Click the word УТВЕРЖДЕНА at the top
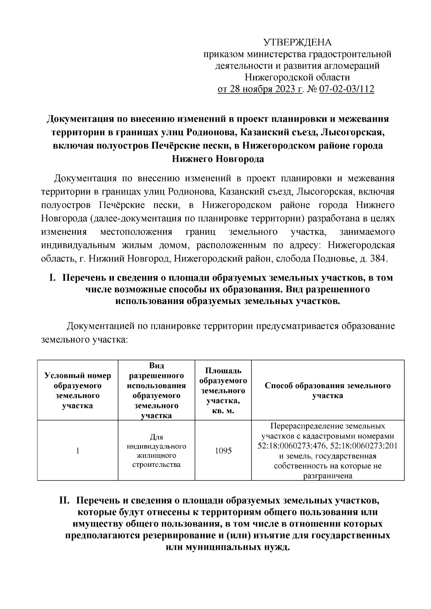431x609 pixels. (298, 43)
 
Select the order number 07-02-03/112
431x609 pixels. (347, 89)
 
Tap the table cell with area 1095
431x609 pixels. (223, 450)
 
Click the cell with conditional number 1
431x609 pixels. (78, 450)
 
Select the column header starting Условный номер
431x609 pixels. (78, 390)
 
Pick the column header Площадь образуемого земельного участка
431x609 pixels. (223, 390)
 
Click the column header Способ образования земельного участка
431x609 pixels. (328, 390)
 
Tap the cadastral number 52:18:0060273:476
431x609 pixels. (291, 446)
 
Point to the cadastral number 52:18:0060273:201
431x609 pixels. (363, 446)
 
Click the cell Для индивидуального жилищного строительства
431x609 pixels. (156, 451)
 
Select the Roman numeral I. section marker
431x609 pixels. (52, 278)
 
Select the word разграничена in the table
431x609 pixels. (328, 476)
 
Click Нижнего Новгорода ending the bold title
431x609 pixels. (218, 159)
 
